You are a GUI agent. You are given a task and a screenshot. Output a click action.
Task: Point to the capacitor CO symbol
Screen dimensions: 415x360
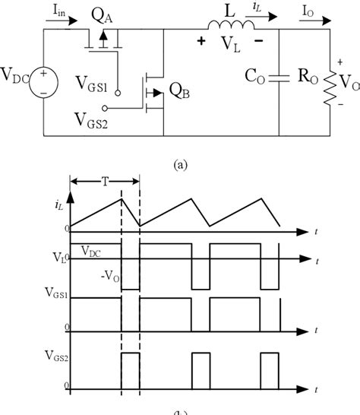coord(283,78)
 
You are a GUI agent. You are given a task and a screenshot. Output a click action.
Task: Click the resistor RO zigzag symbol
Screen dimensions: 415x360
coord(328,80)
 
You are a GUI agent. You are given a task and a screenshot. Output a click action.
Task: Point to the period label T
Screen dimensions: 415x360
coord(105,182)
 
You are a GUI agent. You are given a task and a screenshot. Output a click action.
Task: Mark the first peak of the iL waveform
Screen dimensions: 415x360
coord(121,198)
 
